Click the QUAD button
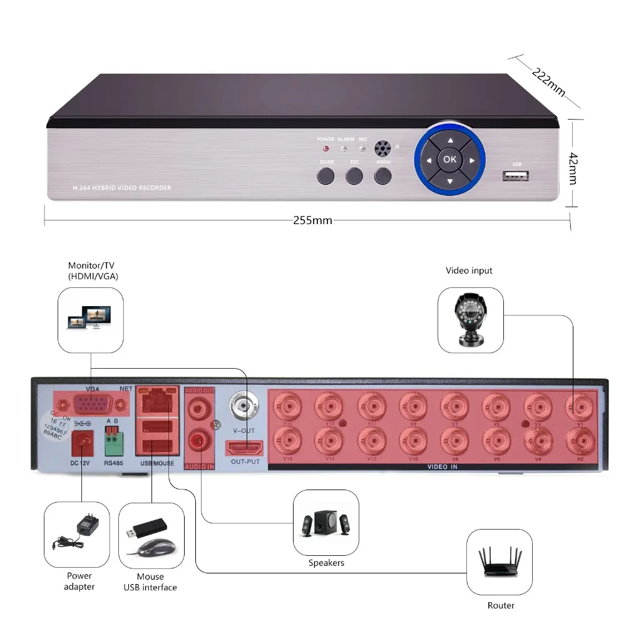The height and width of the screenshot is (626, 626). point(326,176)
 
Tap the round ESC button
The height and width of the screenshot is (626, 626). point(355,176)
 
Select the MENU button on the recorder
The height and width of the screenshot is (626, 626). point(384,176)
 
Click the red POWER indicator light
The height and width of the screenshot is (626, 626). point(326,149)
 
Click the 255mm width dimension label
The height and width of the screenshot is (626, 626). point(312,220)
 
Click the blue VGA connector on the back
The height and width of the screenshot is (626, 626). point(93,406)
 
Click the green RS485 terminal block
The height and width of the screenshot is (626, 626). point(114,443)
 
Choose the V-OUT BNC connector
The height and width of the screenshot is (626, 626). point(244,405)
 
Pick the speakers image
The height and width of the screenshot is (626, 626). point(326,522)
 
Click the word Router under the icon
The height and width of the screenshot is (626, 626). point(501,605)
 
